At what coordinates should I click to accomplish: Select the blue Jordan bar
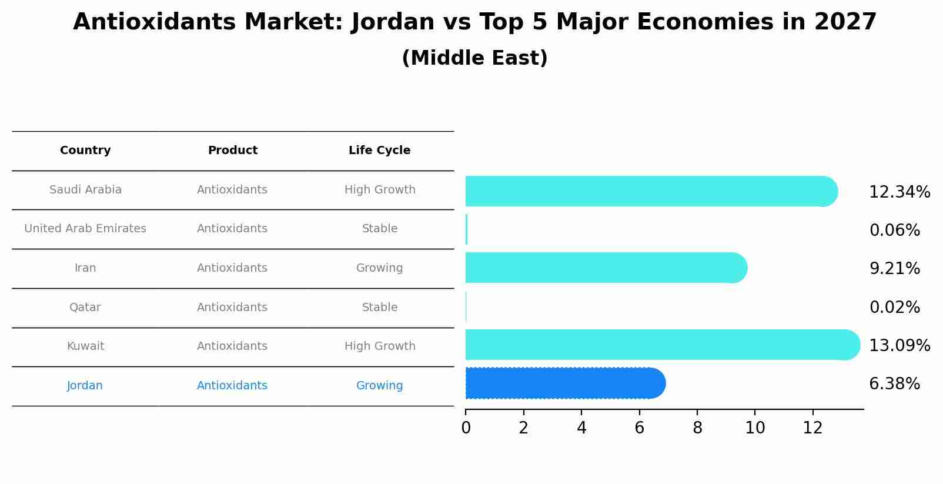(564, 383)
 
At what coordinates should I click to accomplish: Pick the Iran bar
(606, 268)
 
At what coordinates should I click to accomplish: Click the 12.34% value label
(899, 192)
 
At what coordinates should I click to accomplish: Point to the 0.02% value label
(894, 308)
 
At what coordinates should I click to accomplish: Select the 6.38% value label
(894, 384)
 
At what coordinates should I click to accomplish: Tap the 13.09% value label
(899, 346)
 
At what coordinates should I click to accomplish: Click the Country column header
(85, 151)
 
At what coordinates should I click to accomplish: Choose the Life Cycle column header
(379, 151)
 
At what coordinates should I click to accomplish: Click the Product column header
(232, 151)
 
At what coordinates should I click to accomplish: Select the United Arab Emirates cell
(85, 229)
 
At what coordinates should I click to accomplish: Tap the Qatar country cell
(85, 308)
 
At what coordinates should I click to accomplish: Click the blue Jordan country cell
(85, 386)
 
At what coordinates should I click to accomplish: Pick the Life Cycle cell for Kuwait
(380, 346)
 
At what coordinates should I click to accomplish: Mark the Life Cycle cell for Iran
(379, 268)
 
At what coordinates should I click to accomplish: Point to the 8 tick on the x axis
(697, 428)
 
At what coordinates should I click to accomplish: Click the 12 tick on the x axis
(813, 428)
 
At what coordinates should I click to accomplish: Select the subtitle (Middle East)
(474, 58)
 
